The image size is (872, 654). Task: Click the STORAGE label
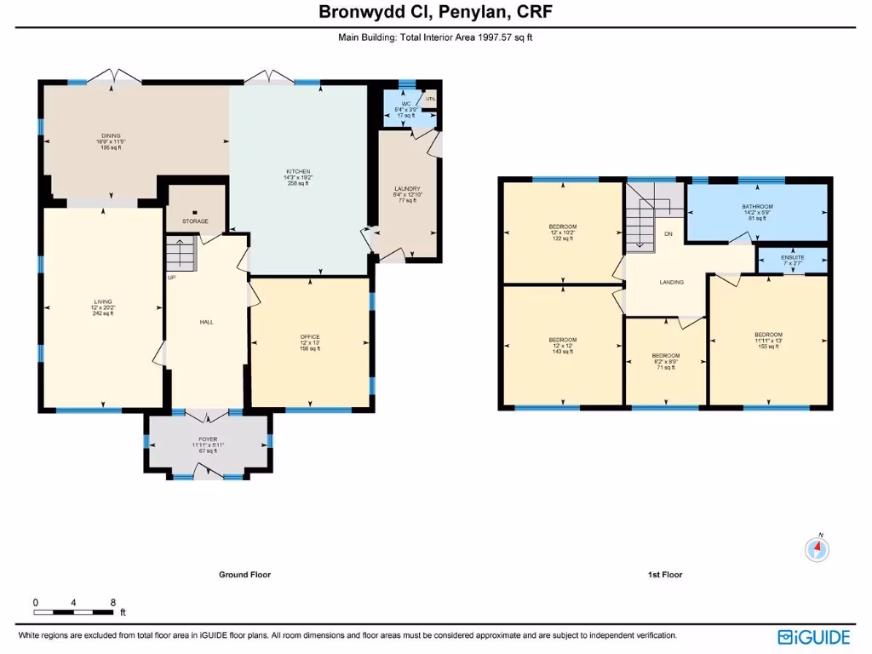[x=195, y=221]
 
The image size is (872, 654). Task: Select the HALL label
[x=206, y=322]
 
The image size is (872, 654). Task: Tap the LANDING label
[x=672, y=282]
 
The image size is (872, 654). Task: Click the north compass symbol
[x=817, y=549]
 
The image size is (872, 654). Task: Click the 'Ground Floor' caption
[x=244, y=575]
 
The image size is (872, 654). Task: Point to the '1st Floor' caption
[x=664, y=575]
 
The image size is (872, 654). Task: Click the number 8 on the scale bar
[x=113, y=602]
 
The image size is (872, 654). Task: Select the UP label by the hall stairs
[x=172, y=278]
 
